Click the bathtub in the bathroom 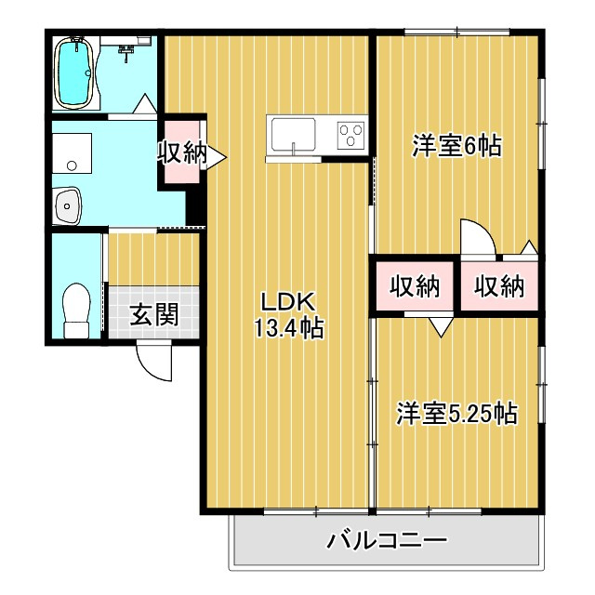74,73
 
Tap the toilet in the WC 76,310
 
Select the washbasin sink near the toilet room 68,206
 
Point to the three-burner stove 351,135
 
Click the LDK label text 287,301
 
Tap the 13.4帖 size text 288,328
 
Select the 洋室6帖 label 456,146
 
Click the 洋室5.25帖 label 456,414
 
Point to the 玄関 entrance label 154,314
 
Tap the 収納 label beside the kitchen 182,153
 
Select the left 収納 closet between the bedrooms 415,286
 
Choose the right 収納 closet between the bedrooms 499,286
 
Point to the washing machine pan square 72,152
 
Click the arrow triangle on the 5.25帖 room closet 441,327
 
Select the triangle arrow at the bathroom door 146,103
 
